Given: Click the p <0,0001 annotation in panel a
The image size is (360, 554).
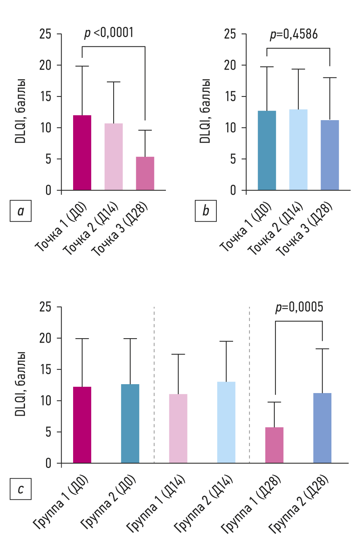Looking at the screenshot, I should pos(109,33).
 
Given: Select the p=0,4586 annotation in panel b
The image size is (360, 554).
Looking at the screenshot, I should pos(294,34).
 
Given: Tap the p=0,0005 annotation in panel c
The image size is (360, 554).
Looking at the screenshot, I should pos(299,307).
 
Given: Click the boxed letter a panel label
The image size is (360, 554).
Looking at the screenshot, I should pos(21,211).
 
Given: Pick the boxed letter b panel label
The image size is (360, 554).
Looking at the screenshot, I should pos(206,211).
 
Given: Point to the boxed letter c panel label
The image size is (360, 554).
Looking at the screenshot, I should pos(21,489).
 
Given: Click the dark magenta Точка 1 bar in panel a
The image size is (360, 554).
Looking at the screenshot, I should pos(82,153).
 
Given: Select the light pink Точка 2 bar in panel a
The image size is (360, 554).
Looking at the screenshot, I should pos(114,157).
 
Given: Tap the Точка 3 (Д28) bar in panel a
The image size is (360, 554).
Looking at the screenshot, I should pos(145,174).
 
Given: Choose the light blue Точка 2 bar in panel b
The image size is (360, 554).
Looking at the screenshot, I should pos(298,150).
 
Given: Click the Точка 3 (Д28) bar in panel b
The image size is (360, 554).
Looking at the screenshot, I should pos(330,155).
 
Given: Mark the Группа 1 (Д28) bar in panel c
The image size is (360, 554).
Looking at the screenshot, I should pos(274,445).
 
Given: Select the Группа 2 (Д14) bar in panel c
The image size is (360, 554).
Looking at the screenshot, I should pos(226,422).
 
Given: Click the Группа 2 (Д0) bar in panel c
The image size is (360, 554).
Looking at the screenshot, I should pos(130,423).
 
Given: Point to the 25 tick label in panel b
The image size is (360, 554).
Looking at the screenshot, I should pos(230,34).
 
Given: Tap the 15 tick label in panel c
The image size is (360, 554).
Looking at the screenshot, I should pos(46,370).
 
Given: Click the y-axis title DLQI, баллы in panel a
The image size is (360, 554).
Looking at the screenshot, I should pos(20,111).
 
